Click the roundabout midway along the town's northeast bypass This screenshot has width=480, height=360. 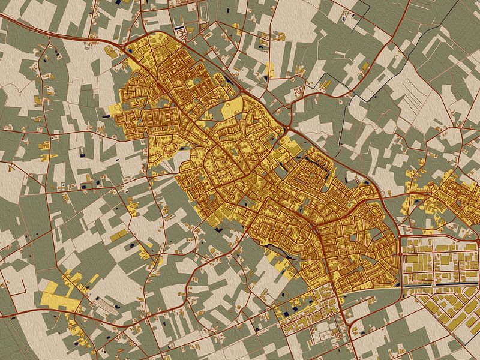point(289,128)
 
